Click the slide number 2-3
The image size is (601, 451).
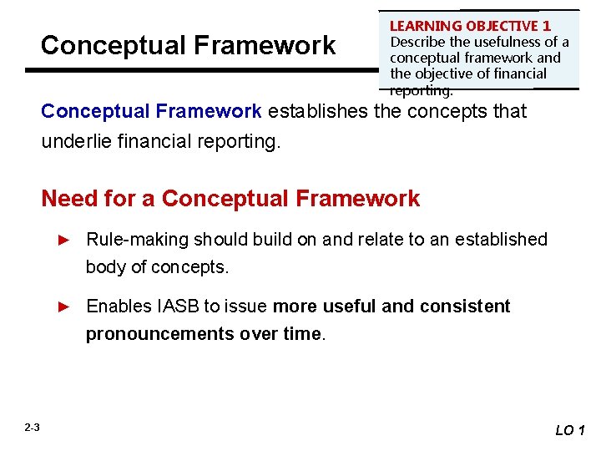[32, 428]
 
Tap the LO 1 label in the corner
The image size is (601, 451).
[571, 430]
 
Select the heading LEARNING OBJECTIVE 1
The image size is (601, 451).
[470, 27]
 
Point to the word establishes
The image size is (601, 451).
[317, 111]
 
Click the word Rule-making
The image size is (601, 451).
[138, 240]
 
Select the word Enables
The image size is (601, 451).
[119, 307]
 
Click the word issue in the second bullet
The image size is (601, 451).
[249, 307]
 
